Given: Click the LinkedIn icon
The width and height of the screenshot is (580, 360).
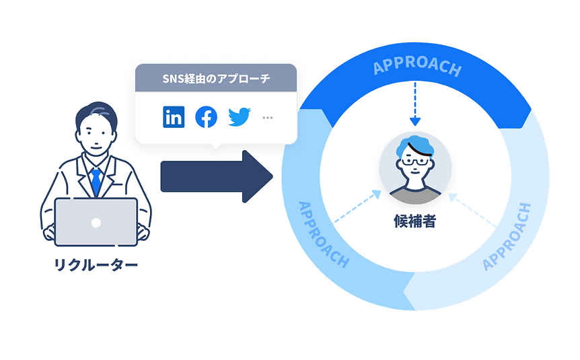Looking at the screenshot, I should tap(174, 117).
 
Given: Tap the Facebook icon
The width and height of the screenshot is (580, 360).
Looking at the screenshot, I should tap(206, 117).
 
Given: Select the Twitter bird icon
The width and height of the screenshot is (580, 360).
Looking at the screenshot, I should tap(239, 117).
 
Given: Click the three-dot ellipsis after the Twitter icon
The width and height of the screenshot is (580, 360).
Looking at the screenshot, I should tap(268, 118).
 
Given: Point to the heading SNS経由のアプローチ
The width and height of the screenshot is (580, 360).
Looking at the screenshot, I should tap(216, 78).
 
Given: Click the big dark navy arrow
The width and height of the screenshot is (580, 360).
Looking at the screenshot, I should tap(215, 176).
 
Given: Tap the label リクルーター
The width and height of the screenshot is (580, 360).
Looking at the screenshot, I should tap(96, 264).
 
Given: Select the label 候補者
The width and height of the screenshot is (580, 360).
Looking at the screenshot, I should tap(414, 221).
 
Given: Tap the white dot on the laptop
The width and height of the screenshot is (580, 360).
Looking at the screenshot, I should tap(96, 223).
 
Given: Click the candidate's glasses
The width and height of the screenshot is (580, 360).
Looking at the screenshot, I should tap(414, 161).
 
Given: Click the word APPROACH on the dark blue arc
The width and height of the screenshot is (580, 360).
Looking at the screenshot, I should tap(417, 68).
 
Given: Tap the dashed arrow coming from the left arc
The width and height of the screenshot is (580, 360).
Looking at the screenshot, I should tap(357, 207).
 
